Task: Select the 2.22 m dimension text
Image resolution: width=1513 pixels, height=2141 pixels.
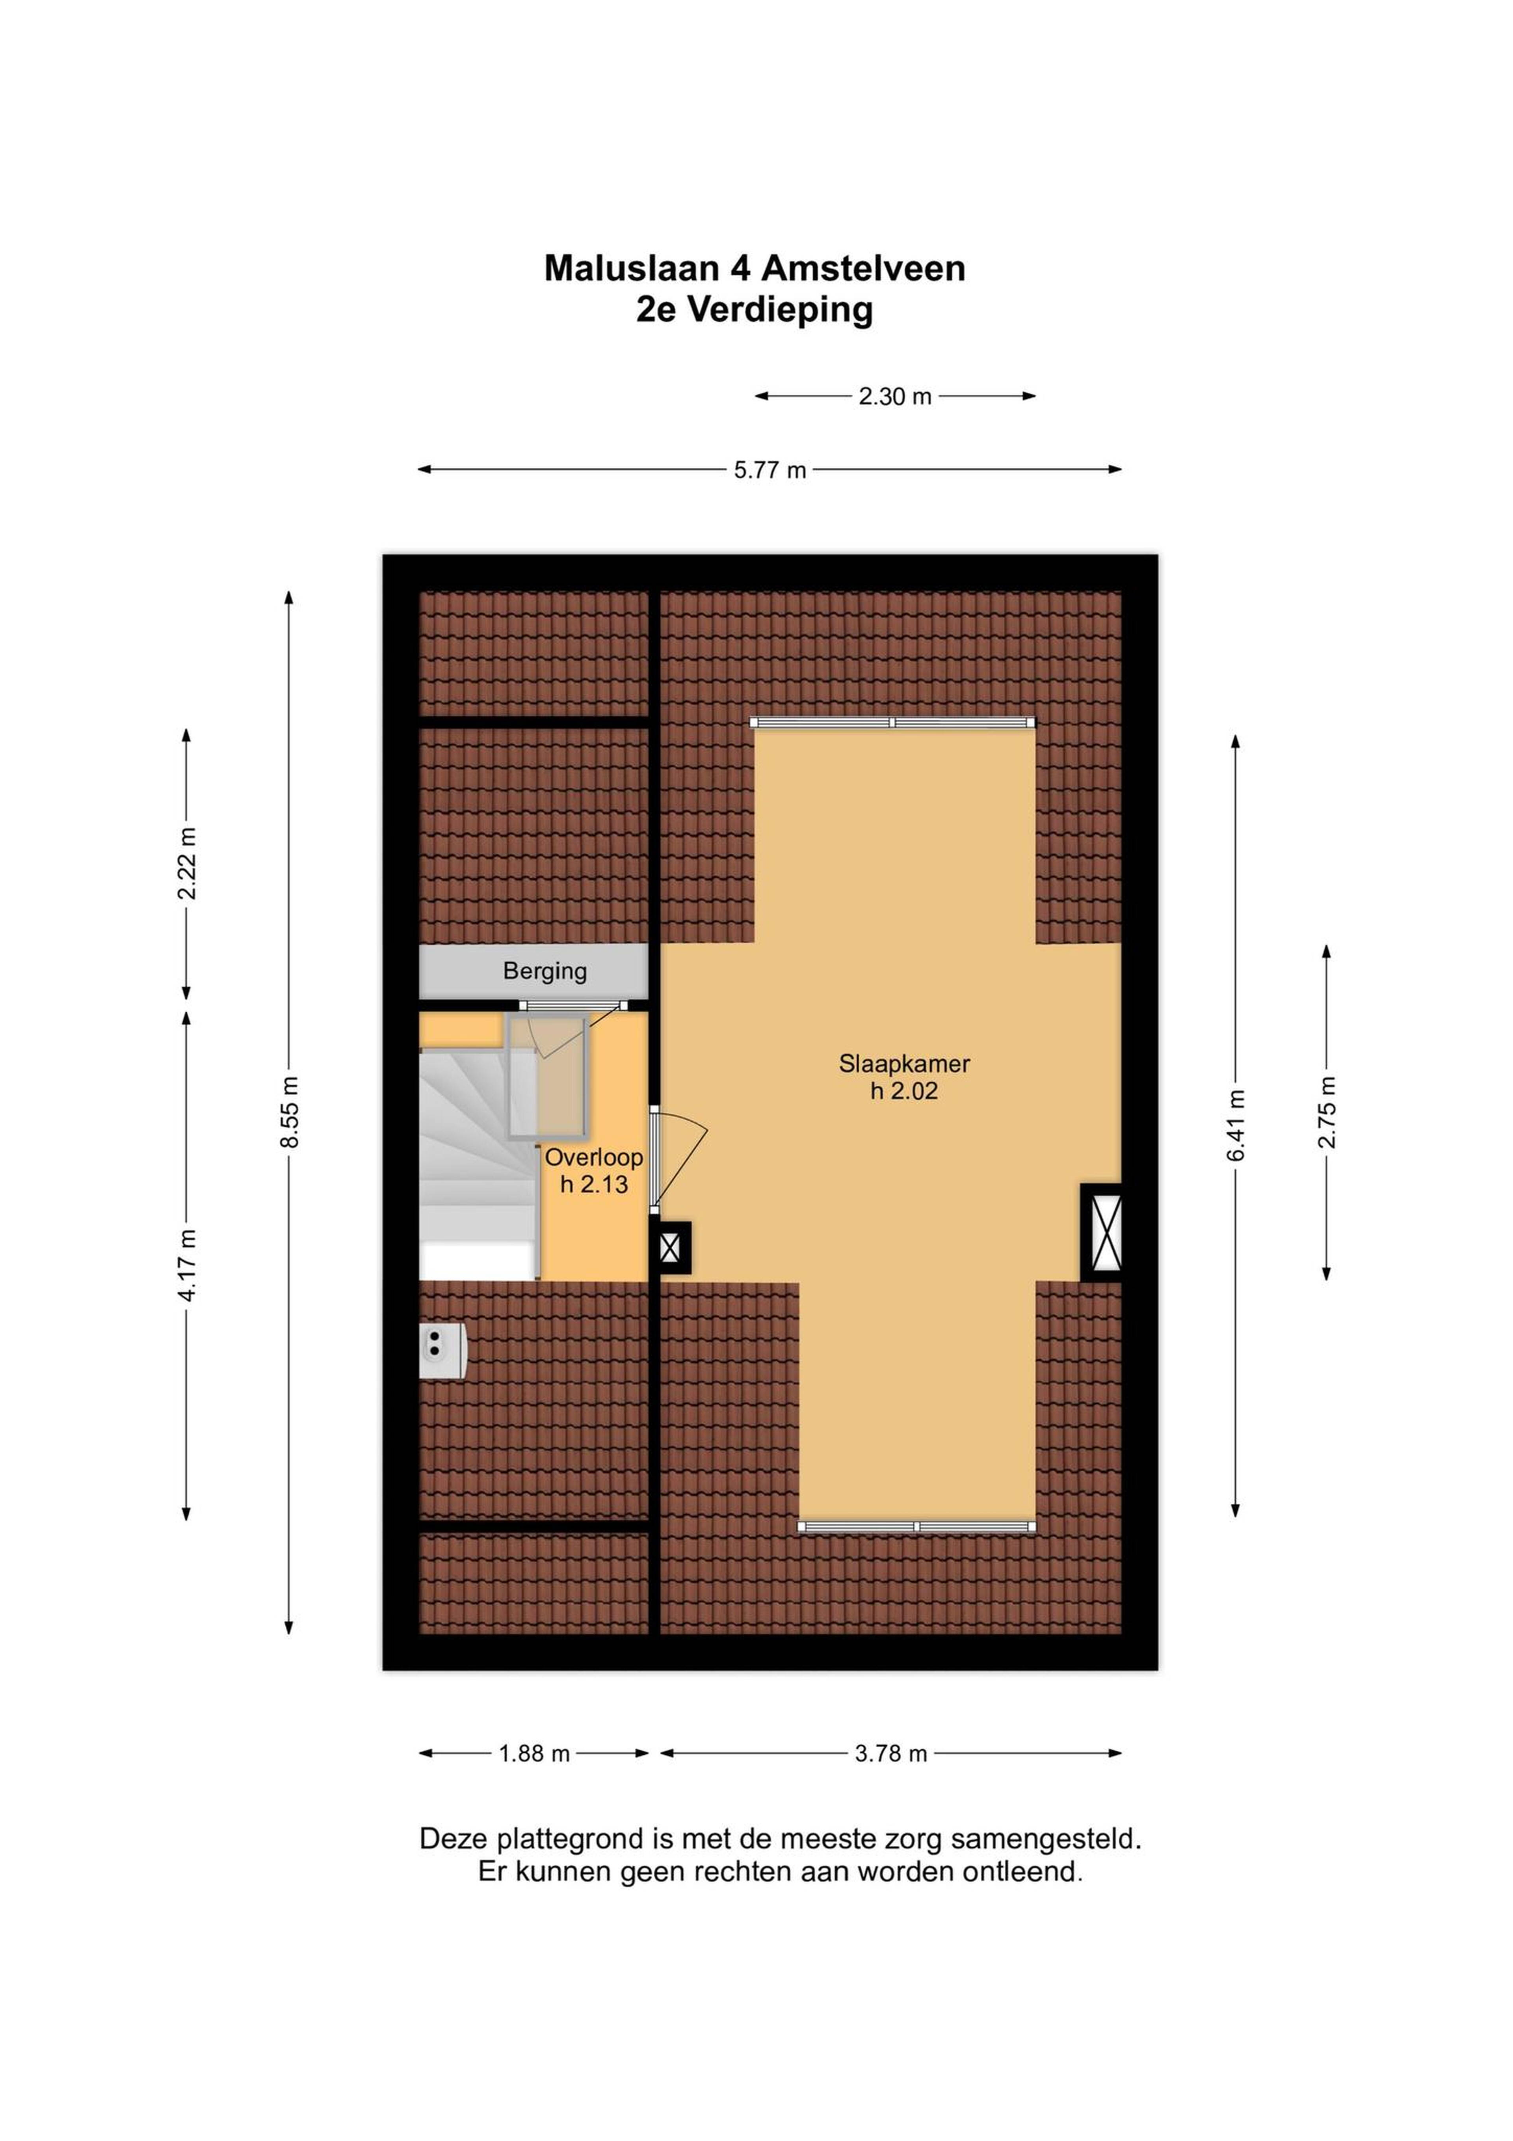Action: pos(188,863)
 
